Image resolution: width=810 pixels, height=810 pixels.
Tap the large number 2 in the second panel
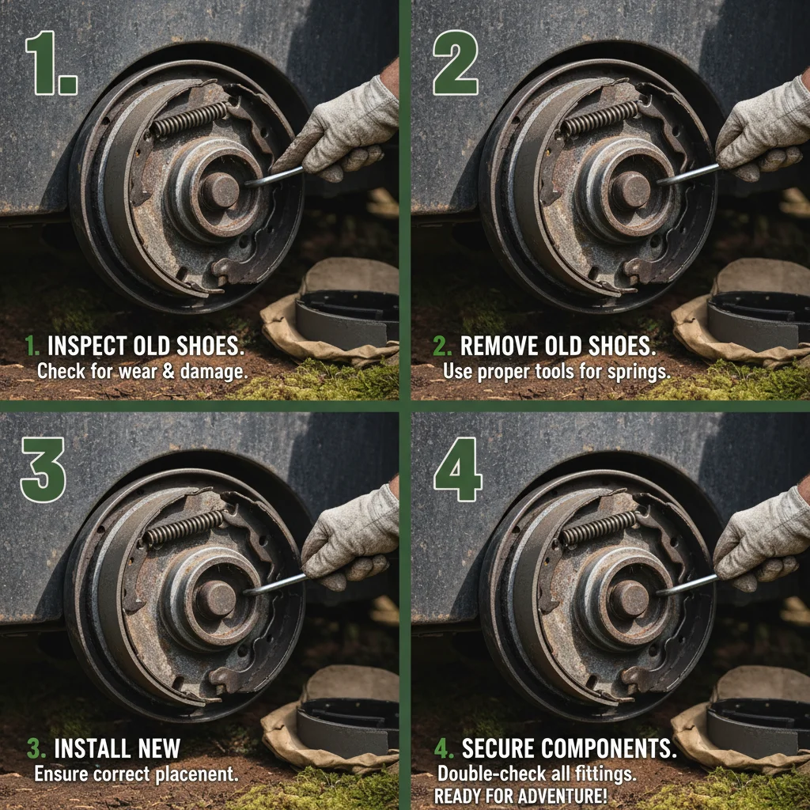(455, 63)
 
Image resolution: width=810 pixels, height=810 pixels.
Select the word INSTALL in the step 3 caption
(88, 748)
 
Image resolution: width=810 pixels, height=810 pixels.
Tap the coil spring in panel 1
(189, 119)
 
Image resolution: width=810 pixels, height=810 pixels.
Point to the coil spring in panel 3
(183, 526)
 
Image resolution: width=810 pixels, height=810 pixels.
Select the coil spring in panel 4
(598, 527)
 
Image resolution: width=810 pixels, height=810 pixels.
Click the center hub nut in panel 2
(631, 190)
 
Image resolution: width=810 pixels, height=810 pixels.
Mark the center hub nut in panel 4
(630, 599)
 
